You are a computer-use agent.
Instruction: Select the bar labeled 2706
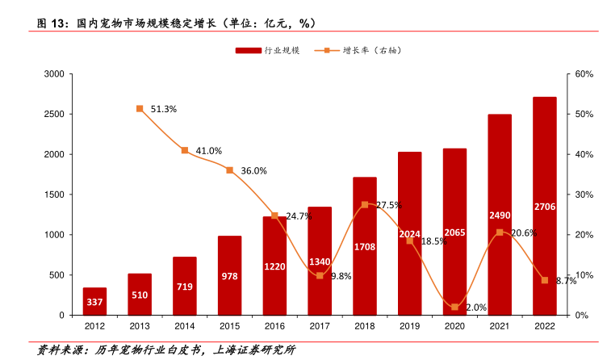click(544, 206)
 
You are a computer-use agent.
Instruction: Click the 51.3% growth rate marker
click(140, 108)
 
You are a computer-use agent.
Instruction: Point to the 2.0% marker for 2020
click(455, 307)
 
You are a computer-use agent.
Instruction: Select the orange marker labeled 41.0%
click(185, 150)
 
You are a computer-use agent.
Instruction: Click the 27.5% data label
click(388, 205)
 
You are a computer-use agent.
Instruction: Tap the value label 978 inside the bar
click(230, 276)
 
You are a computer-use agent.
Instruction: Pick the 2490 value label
click(500, 215)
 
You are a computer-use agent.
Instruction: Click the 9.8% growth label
click(341, 276)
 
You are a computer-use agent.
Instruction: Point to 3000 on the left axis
click(53, 74)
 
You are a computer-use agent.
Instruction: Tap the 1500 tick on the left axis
click(53, 195)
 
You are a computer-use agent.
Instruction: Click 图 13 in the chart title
click(51, 23)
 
